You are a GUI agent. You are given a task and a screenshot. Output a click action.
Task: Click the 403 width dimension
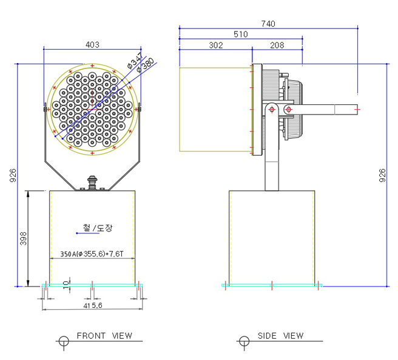pyautogui.click(x=92, y=45)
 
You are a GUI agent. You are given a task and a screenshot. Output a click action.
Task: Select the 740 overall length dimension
pyautogui.click(x=268, y=24)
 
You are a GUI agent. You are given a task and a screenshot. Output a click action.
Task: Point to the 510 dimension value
pyautogui.click(x=241, y=35)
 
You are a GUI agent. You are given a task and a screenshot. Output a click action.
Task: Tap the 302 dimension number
pyautogui.click(x=215, y=45)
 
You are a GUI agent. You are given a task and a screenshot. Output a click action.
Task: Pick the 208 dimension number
pyautogui.click(x=277, y=45)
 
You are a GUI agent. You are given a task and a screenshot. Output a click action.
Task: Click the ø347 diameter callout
pyautogui.click(x=135, y=60)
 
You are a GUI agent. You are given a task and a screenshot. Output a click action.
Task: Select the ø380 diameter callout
pyautogui.click(x=146, y=65)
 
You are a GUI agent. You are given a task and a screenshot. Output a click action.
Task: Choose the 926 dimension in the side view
pyautogui.click(x=382, y=176)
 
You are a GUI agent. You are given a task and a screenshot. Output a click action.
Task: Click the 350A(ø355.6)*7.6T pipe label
pyautogui.click(x=92, y=255)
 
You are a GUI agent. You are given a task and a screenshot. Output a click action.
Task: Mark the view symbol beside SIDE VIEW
pyautogui.click(x=243, y=342)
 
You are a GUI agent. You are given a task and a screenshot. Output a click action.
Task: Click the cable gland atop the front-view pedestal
pyautogui.click(x=93, y=183)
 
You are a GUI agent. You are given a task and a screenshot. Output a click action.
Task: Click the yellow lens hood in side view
pyautogui.click(x=215, y=110)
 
